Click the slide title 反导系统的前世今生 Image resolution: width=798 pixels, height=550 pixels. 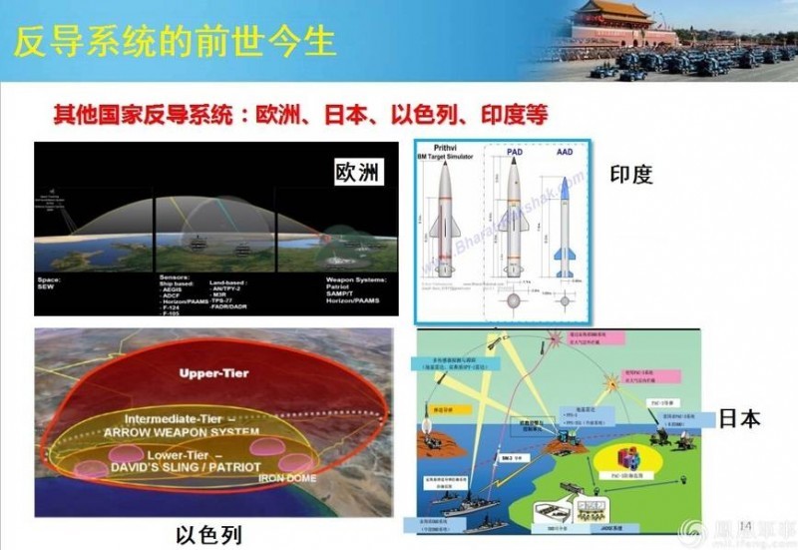(x=176, y=41)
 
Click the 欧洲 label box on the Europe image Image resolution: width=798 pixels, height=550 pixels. (x=357, y=173)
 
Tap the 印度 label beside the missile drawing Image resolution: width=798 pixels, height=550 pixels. (x=630, y=175)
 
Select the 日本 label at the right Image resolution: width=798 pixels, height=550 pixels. (x=738, y=418)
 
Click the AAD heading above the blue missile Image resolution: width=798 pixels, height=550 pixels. (x=564, y=155)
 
